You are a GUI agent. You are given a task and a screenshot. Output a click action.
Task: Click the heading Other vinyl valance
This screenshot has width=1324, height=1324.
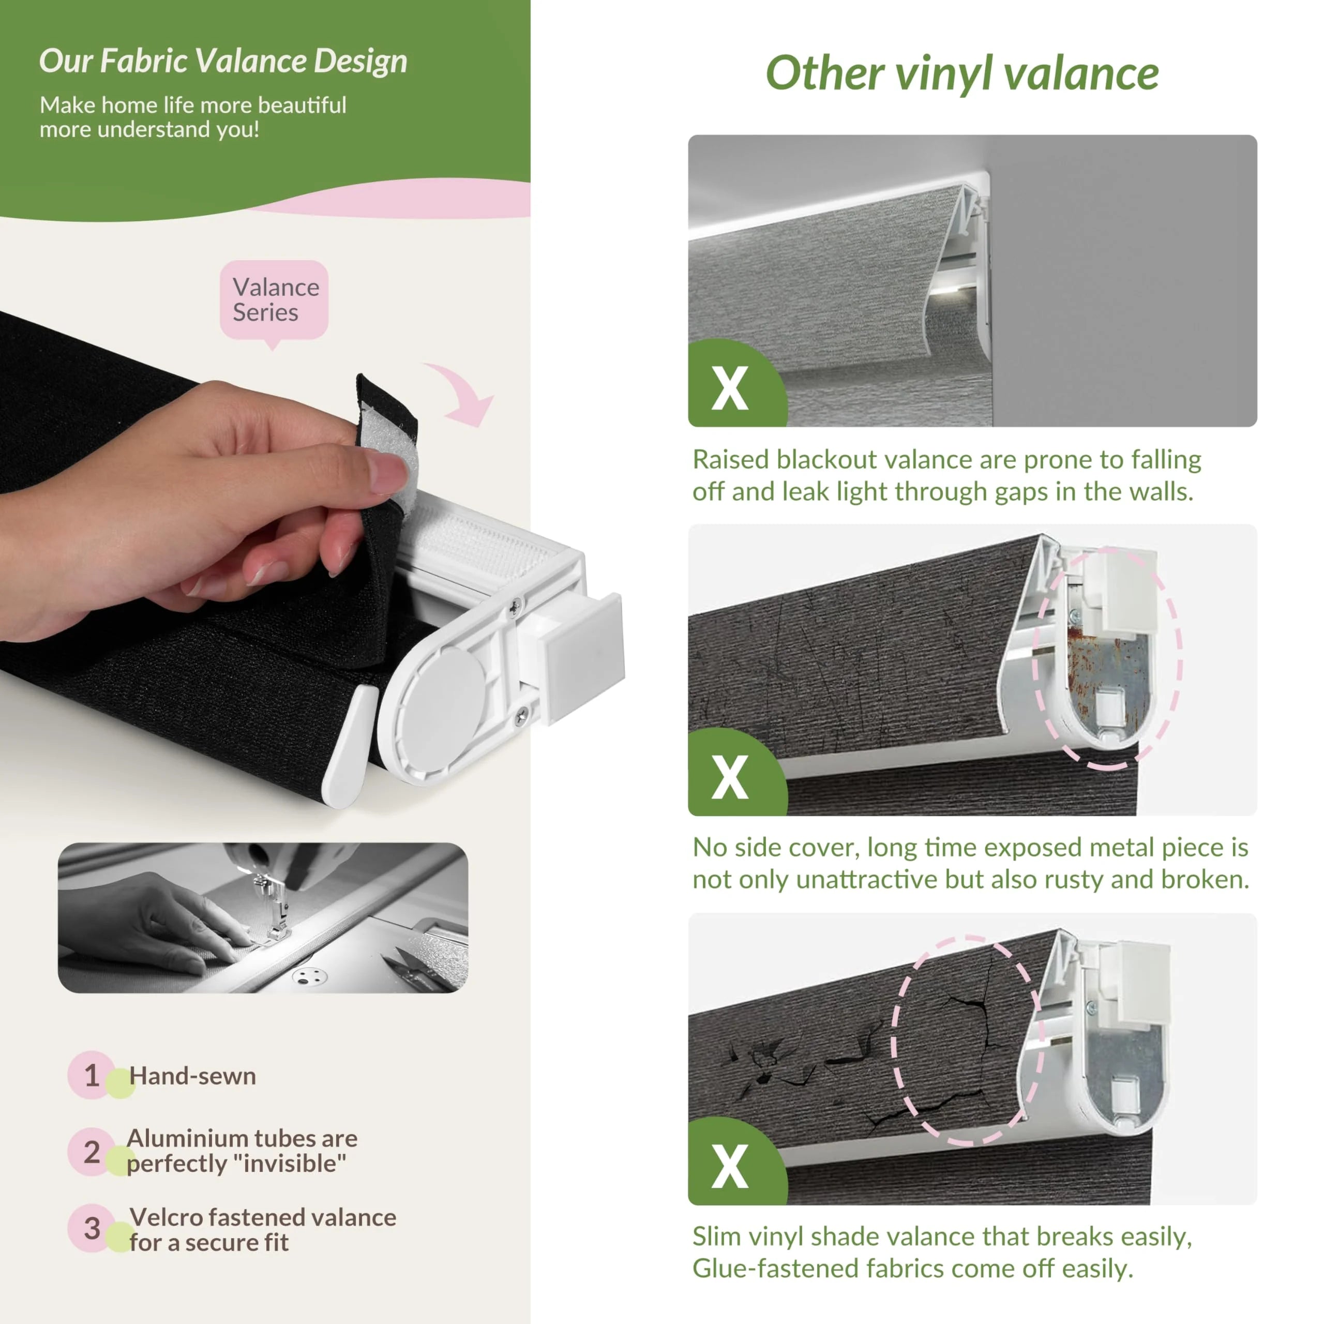961,74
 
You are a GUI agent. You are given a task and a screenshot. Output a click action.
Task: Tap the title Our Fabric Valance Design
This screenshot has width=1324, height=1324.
223,61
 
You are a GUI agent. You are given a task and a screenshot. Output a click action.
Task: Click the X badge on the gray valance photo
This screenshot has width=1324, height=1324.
729,388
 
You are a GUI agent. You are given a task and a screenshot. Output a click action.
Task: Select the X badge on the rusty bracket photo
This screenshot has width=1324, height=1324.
729,776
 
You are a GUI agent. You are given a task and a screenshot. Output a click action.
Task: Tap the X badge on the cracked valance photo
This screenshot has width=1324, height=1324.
729,1166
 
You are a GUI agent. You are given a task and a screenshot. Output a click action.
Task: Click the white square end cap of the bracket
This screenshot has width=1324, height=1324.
584,656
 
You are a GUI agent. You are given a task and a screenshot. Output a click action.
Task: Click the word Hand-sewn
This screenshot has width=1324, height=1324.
192,1076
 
